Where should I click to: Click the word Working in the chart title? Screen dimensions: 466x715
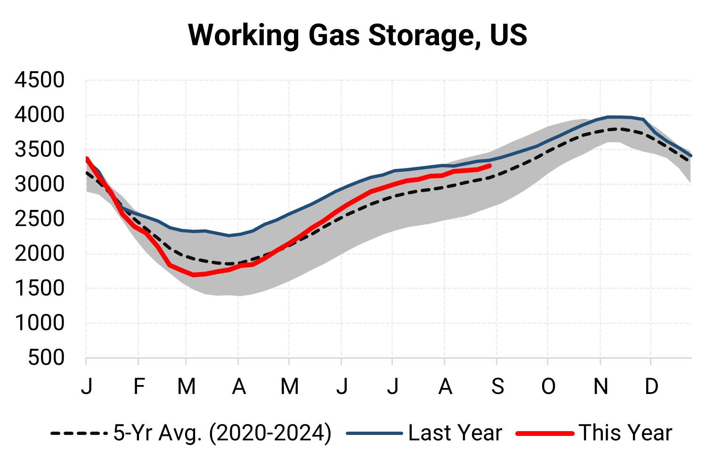click(x=244, y=35)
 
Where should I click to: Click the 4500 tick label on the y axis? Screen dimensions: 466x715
click(x=40, y=80)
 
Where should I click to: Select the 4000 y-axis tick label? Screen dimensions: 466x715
click(x=40, y=115)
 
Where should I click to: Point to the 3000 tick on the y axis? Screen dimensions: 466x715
click(x=40, y=185)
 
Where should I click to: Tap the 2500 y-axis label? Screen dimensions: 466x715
click(x=40, y=219)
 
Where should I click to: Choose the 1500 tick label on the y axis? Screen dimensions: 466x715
click(x=40, y=289)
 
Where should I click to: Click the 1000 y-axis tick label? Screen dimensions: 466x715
click(x=40, y=323)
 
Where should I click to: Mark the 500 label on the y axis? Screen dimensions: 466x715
click(x=46, y=358)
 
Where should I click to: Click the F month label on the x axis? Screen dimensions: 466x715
click(x=138, y=387)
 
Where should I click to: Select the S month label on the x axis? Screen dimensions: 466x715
click(x=497, y=387)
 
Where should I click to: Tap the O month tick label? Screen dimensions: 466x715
click(x=548, y=387)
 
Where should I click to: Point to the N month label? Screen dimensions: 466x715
click(x=601, y=387)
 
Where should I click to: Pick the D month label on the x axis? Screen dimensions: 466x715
click(x=651, y=387)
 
